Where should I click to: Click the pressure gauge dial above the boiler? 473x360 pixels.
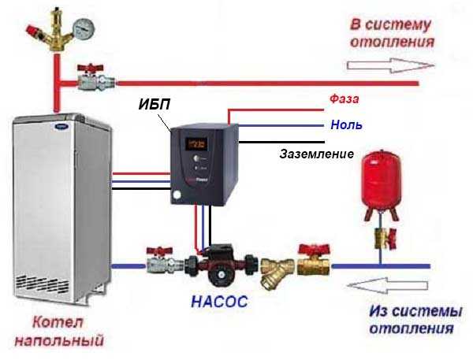(x=84, y=29)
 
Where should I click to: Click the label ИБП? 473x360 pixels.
(x=155, y=104)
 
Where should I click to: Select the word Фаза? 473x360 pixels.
(x=344, y=98)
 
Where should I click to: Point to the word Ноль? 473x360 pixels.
(x=346, y=124)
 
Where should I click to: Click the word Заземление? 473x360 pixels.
(x=316, y=154)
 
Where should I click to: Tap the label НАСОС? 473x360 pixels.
(x=220, y=301)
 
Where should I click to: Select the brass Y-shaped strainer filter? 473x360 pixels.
(x=277, y=273)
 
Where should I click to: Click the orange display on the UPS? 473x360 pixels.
(x=196, y=144)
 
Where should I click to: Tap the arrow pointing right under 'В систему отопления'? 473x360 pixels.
(x=390, y=65)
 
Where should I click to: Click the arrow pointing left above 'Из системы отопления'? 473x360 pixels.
(x=388, y=285)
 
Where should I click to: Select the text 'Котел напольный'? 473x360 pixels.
(x=59, y=331)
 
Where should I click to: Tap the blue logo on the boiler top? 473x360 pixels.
(x=61, y=127)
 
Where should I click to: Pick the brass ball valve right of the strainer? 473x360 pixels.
(x=314, y=261)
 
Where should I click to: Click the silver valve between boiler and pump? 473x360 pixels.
(x=165, y=260)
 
